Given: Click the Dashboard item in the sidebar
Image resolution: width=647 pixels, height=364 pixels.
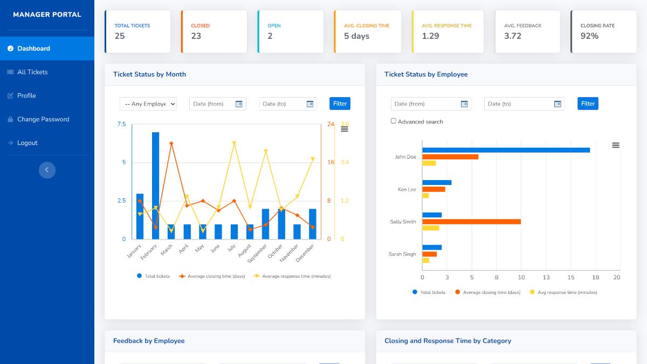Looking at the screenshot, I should (33, 49).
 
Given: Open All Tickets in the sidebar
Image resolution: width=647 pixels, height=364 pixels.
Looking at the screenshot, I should (32, 72).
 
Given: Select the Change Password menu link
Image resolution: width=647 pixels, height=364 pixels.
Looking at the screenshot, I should (43, 119).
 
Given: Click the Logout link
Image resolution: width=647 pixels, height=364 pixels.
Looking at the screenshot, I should (27, 143).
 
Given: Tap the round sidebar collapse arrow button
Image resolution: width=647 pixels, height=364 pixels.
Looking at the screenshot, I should (47, 170).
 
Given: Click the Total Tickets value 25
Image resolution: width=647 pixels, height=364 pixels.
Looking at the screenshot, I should (120, 36).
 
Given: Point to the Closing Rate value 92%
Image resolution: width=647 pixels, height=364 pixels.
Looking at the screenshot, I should (589, 36).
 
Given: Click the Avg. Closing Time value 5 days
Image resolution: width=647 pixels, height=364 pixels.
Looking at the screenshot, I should (356, 36).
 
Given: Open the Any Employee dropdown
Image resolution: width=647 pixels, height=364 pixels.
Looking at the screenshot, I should (148, 104).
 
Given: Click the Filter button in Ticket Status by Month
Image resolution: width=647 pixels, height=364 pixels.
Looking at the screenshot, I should (340, 104).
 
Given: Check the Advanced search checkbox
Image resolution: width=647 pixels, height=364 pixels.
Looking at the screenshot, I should (394, 121).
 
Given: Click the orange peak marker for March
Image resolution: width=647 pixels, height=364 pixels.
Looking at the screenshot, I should (171, 143).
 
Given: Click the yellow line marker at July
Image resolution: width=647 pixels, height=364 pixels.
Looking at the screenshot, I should (234, 143).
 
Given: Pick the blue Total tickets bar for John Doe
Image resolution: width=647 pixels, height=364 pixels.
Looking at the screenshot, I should (505, 150).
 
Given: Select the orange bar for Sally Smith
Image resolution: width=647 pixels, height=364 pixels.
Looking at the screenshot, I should (471, 222).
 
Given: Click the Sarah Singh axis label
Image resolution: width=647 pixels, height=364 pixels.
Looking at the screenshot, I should (402, 254).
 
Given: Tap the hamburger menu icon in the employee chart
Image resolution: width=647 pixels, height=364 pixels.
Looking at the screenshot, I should (616, 145).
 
